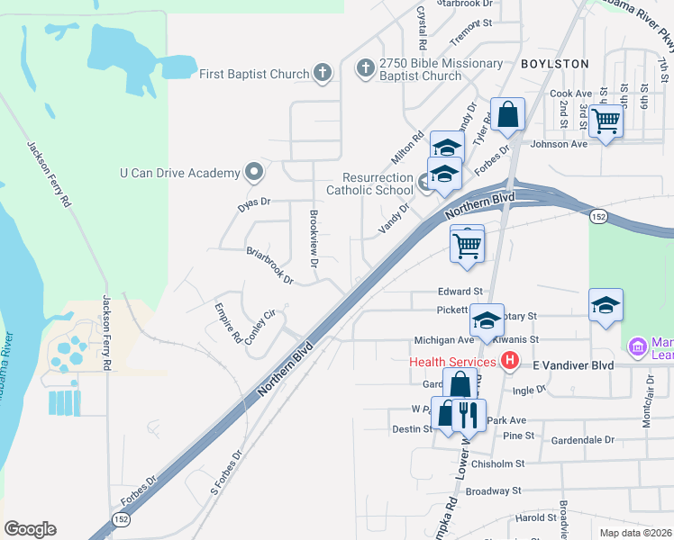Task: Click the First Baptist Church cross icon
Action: pos(323,74)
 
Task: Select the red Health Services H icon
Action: pos(510,362)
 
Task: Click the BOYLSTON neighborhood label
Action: pos(554,64)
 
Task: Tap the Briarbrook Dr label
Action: pos(270,265)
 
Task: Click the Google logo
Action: pos(30,529)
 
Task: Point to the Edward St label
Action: pos(460,292)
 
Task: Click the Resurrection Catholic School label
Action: pos(369,184)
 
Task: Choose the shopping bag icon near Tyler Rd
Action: pos(508,116)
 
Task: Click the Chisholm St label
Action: pos(497,463)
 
